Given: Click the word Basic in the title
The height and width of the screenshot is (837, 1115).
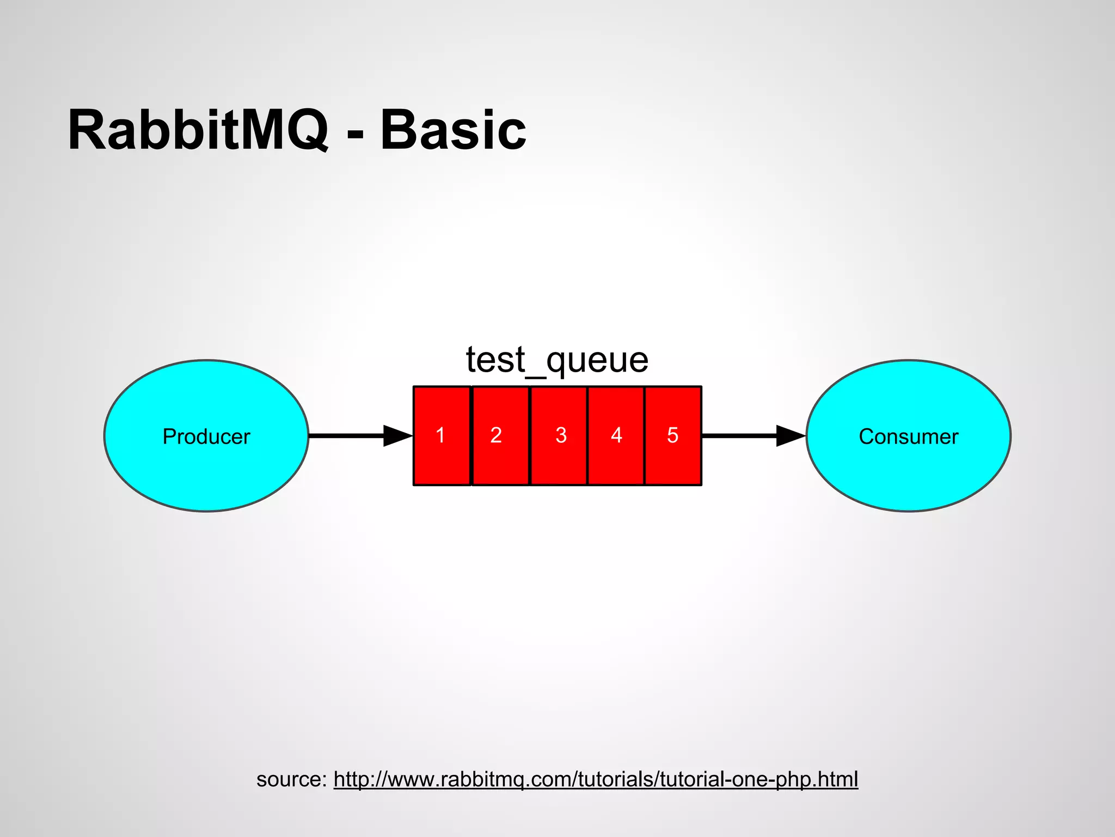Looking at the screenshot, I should click(x=453, y=131).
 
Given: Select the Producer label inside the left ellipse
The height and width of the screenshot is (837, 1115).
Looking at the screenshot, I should click(x=206, y=436).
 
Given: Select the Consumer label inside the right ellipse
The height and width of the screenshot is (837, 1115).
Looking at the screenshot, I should click(x=908, y=436).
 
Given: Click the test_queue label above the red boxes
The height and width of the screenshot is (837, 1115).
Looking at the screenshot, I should click(x=557, y=360).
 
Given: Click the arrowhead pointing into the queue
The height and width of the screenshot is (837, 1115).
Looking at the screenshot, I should click(x=397, y=435).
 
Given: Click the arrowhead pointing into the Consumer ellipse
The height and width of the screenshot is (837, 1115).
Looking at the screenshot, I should click(x=790, y=435).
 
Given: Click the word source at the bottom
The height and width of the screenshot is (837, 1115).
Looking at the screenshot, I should click(x=289, y=779).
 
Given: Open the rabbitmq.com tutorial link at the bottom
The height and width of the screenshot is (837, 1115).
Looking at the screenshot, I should click(x=596, y=779).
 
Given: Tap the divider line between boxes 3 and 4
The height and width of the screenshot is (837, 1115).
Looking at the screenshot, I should click(x=587, y=435).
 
